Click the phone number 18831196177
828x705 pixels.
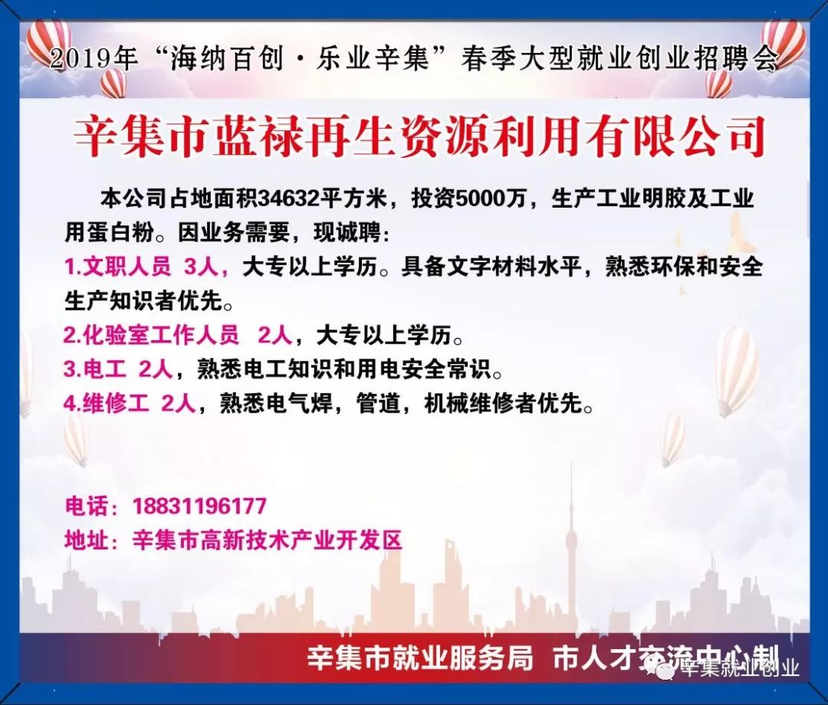pyautogui.click(x=199, y=506)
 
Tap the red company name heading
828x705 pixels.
pyautogui.click(x=419, y=138)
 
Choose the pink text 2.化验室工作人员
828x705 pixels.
pyautogui.click(x=151, y=335)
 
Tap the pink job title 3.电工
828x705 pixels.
pyautogui.click(x=94, y=369)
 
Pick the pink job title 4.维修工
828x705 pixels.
pyautogui.click(x=106, y=404)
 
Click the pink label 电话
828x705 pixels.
pyautogui.click(x=86, y=506)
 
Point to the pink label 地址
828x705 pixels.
pyautogui.click(x=86, y=540)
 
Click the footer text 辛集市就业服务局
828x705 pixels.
pyautogui.click(x=419, y=658)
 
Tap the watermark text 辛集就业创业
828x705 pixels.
pyautogui.click(x=739, y=668)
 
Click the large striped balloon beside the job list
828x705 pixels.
pyautogui.click(x=736, y=368)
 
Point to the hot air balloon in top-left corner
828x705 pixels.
pyautogui.click(x=48, y=38)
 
